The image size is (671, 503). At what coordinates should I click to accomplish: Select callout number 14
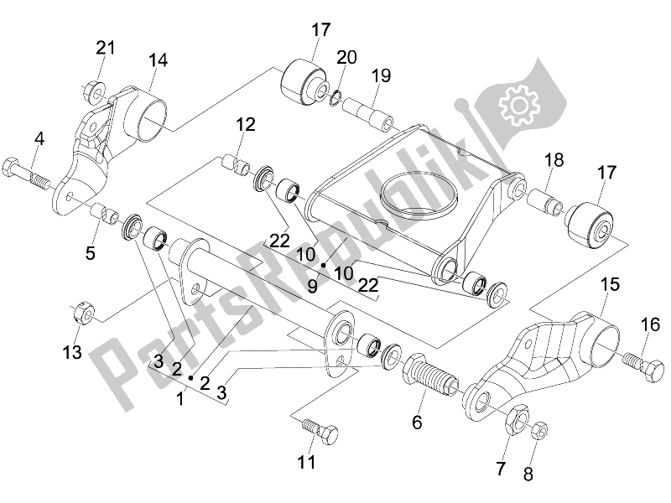click(159, 60)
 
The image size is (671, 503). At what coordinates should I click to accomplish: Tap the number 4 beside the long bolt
click(39, 138)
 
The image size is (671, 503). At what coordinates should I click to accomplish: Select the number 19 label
click(382, 76)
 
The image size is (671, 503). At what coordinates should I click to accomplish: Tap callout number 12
click(245, 126)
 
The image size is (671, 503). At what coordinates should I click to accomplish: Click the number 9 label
click(311, 285)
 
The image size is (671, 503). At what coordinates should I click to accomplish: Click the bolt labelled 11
click(320, 431)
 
